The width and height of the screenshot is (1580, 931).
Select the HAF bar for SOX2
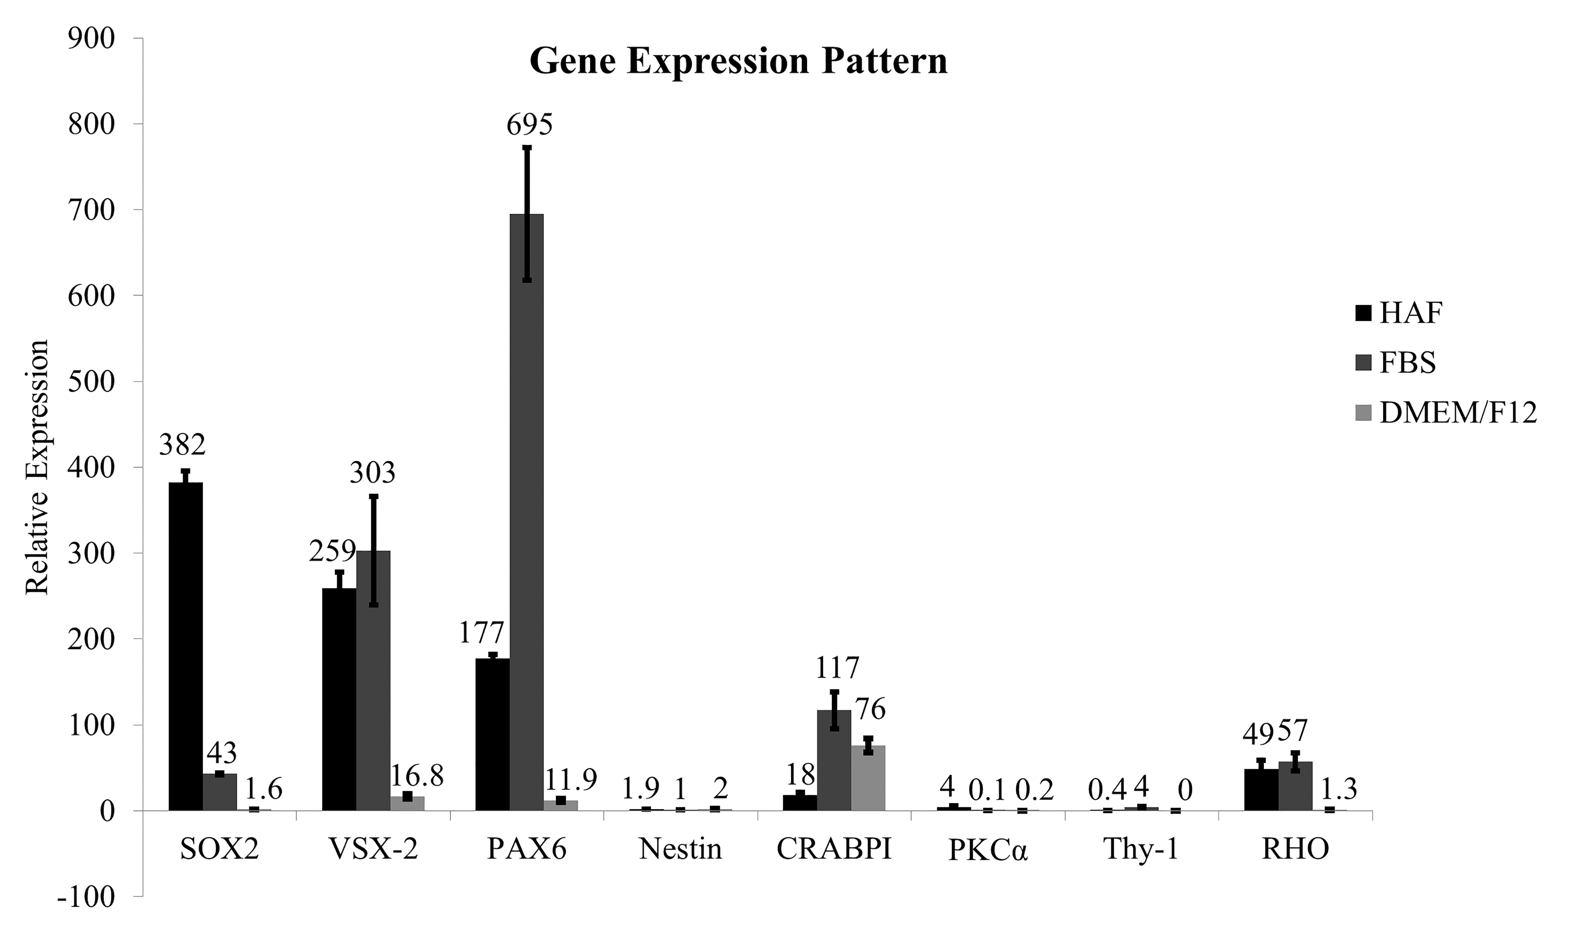pos(186,646)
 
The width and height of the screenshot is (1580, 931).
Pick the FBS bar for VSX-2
pos(373,681)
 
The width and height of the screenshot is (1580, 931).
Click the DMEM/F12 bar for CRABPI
pos(868,778)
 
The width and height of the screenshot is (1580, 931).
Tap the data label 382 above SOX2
pos(182,445)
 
